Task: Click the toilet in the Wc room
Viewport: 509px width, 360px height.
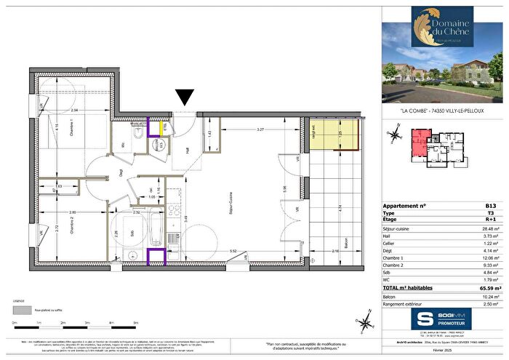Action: pyautogui.click(x=136, y=136)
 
